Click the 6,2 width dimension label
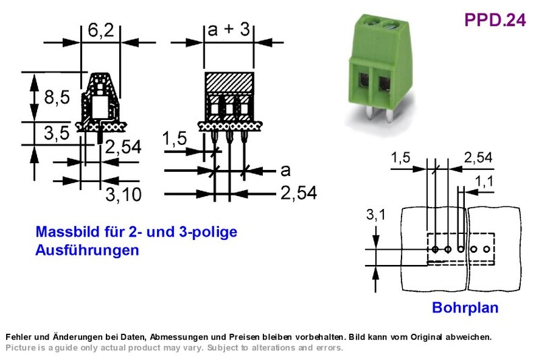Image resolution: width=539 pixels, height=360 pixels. [100, 30]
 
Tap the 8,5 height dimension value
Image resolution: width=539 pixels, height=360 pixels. [57, 97]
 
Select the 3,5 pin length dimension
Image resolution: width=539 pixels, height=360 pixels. [57, 133]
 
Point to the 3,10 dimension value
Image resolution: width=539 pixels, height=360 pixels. [123, 195]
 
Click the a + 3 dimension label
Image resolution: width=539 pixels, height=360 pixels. [228, 29]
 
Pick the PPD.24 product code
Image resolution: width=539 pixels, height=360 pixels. [495, 20]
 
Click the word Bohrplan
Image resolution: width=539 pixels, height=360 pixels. [465, 307]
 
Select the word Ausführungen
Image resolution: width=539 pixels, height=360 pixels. [88, 250]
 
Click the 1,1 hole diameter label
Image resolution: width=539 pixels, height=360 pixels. [484, 181]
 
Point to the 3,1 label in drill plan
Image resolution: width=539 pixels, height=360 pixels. [376, 214]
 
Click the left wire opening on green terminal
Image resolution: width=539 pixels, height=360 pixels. [363, 82]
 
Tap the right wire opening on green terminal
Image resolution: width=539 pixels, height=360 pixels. [384, 84]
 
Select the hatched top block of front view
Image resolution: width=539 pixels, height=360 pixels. [229, 82]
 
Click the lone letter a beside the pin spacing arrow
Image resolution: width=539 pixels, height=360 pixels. [285, 170]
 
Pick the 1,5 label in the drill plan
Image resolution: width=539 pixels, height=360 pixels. [400, 158]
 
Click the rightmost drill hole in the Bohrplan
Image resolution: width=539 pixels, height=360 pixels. [486, 249]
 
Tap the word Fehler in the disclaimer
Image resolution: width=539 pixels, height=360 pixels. [19, 337]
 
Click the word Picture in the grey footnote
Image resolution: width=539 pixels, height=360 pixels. [20, 348]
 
